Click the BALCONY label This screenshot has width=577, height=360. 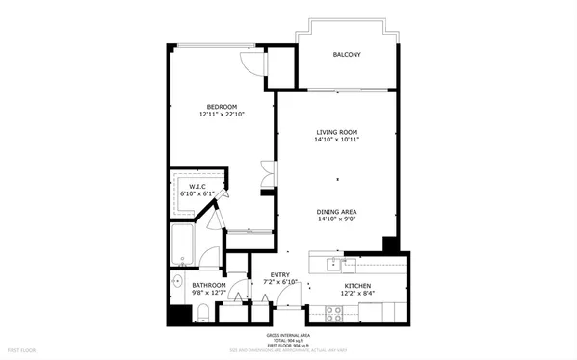coord(347,55)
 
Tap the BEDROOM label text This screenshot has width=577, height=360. coord(222,106)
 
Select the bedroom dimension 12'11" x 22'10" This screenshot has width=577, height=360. coord(222,115)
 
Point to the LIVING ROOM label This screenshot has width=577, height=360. coord(337,132)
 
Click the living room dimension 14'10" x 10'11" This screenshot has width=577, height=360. coord(337,141)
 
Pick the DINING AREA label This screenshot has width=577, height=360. coord(337,212)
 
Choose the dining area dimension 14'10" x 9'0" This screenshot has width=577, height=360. coord(337,220)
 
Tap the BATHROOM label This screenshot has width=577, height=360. coord(208,286)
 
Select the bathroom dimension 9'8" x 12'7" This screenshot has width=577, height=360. coord(208,295)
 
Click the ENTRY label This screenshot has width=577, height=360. coord(280,274)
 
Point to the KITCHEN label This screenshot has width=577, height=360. coord(358,286)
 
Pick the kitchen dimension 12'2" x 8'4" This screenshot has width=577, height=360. coord(358,295)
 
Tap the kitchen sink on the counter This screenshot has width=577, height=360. coord(336,263)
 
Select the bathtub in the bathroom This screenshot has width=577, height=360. coord(183,246)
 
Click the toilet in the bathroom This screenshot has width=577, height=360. coord(204,313)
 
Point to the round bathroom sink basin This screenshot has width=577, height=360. coord(177,283)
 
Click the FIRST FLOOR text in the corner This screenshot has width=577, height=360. coord(21,348)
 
